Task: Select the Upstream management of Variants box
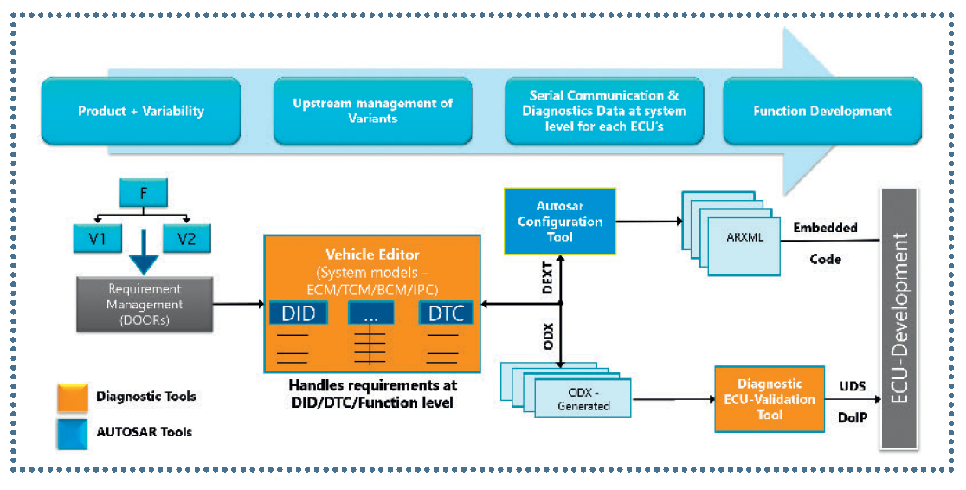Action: click(x=372, y=111)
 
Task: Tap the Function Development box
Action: click(x=821, y=112)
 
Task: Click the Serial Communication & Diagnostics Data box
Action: click(x=603, y=111)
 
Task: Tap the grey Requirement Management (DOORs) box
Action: click(x=145, y=304)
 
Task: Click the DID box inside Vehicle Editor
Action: click(x=299, y=313)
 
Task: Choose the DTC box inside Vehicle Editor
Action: click(x=446, y=313)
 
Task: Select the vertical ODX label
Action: click(x=548, y=335)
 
